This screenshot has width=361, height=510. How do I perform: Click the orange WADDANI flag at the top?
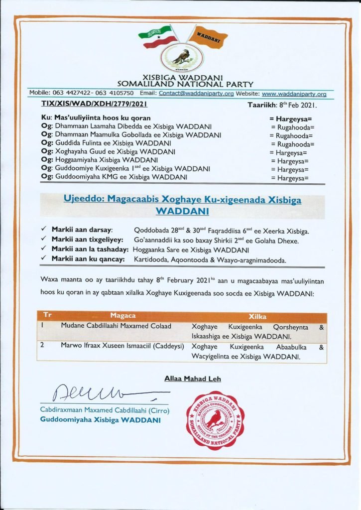point(208,36)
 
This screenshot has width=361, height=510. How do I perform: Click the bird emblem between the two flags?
point(180,56)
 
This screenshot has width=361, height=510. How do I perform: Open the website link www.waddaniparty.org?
point(294,93)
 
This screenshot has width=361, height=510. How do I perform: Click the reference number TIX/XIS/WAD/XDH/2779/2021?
point(94,106)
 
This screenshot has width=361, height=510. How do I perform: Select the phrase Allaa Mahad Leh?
point(193,379)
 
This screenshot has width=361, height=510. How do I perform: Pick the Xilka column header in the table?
point(257,316)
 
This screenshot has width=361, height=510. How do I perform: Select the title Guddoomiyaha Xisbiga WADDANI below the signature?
point(100,421)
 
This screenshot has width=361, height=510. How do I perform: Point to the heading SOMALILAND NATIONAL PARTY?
point(185,85)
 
